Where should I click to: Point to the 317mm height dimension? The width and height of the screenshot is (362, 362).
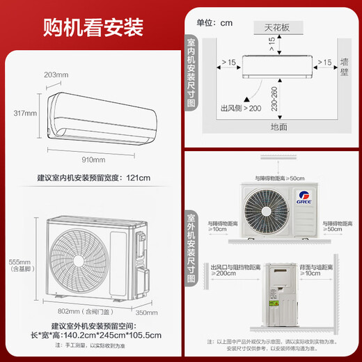tap(24, 113)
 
